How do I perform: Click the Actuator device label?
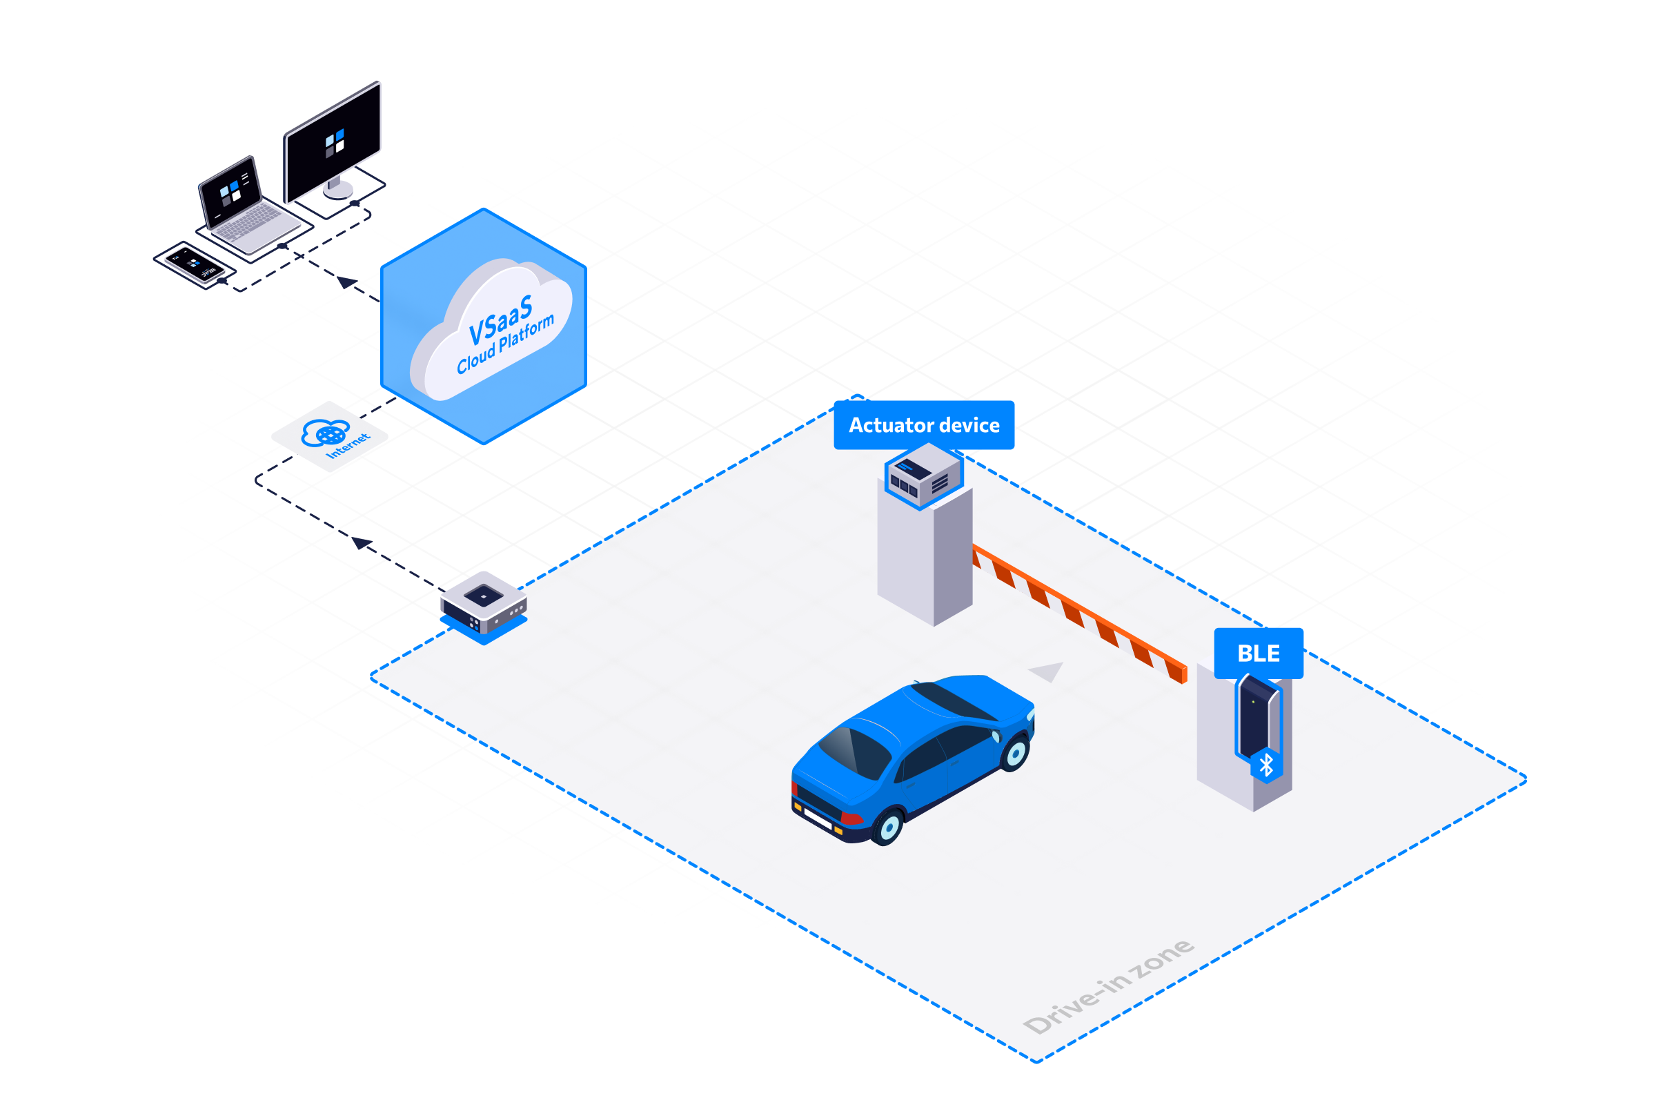pyautogui.click(x=923, y=424)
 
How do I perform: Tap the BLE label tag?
pyautogui.click(x=1259, y=653)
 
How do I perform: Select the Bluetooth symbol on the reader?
pyautogui.click(x=1266, y=765)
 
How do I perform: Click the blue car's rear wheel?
pyautogui.click(x=889, y=827)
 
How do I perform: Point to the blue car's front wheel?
pyautogui.click(x=1016, y=752)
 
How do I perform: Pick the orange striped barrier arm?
pyautogui.click(x=1080, y=613)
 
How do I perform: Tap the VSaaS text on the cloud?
pyautogui.click(x=500, y=320)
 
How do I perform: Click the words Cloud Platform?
pyautogui.click(x=505, y=344)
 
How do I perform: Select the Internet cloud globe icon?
pyautogui.click(x=325, y=433)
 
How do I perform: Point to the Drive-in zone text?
pyautogui.click(x=1108, y=986)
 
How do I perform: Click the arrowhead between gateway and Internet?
pyautogui.click(x=362, y=543)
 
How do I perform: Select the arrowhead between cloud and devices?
pyautogui.click(x=347, y=282)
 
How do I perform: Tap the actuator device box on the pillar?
pyautogui.click(x=923, y=475)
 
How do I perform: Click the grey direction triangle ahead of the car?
pyautogui.click(x=1047, y=671)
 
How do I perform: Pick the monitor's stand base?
pyautogui.click(x=338, y=190)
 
